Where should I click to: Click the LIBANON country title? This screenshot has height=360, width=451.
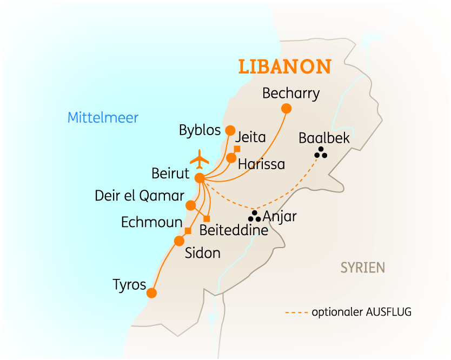click(285, 66)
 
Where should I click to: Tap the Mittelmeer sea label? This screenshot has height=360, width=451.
click(103, 118)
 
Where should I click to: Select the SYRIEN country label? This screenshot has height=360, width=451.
click(362, 267)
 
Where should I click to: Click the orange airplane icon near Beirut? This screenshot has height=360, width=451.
click(200, 159)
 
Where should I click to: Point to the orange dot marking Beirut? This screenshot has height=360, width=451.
click(200, 178)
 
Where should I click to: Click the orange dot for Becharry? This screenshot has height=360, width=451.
click(287, 109)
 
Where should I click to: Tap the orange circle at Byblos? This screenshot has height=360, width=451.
click(230, 130)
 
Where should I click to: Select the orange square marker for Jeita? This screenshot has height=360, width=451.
click(237, 149)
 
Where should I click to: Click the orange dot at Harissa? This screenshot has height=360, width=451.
click(231, 158)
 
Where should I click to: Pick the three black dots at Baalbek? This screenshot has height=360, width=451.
click(321, 153)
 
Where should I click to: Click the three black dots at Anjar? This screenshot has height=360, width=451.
click(254, 217)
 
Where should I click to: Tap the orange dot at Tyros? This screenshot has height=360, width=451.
click(151, 293)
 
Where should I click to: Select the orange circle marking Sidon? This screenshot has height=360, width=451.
click(179, 241)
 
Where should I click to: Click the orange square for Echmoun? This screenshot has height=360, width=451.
click(188, 231)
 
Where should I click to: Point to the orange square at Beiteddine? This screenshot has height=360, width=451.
click(207, 219)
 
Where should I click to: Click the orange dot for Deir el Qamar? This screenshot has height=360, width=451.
click(190, 205)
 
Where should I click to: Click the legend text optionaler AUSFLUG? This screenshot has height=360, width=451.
click(362, 312)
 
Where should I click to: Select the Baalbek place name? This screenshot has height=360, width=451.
click(324, 138)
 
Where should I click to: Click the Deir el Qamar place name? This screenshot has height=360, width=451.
click(140, 196)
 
